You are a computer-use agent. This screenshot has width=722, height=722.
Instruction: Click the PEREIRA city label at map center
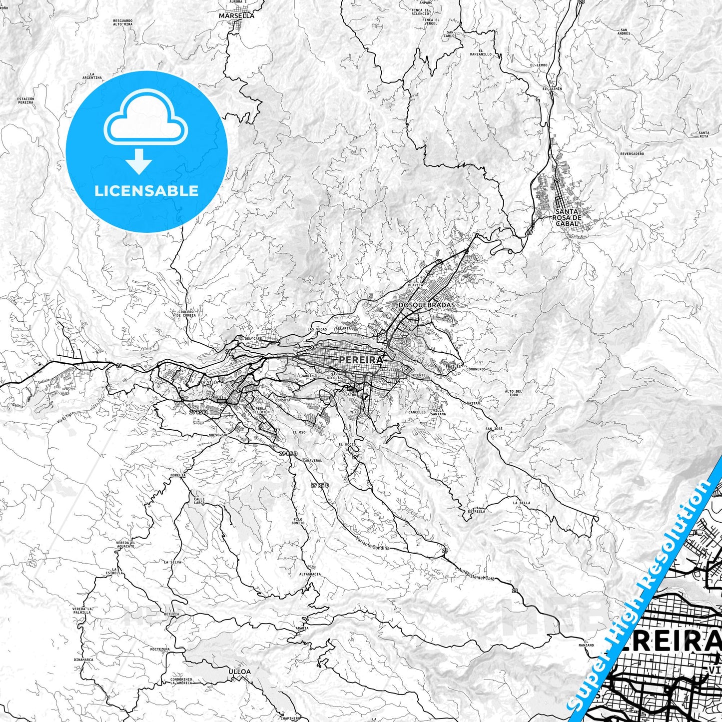point(361,360)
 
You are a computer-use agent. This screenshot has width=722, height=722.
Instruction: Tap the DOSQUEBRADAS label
point(427,304)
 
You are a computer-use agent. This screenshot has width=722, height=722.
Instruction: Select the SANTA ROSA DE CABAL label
point(567,217)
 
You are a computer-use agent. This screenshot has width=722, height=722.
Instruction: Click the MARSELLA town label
point(236,15)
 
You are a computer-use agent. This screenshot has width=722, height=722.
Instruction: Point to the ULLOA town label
point(239,672)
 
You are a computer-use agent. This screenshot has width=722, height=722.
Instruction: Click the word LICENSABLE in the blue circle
point(146,191)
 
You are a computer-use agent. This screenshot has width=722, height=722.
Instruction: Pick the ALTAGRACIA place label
point(310,574)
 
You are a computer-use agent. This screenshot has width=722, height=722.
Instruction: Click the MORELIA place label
point(178,475)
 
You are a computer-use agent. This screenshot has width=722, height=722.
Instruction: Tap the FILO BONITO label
point(298,521)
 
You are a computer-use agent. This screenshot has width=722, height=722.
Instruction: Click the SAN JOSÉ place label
point(494,429)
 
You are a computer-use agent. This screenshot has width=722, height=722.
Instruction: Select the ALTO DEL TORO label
point(513,393)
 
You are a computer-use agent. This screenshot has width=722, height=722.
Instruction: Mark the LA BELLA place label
point(521,503)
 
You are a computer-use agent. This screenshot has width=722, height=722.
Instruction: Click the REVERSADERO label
point(632,154)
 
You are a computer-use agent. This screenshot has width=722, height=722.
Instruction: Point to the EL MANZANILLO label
point(481,52)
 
